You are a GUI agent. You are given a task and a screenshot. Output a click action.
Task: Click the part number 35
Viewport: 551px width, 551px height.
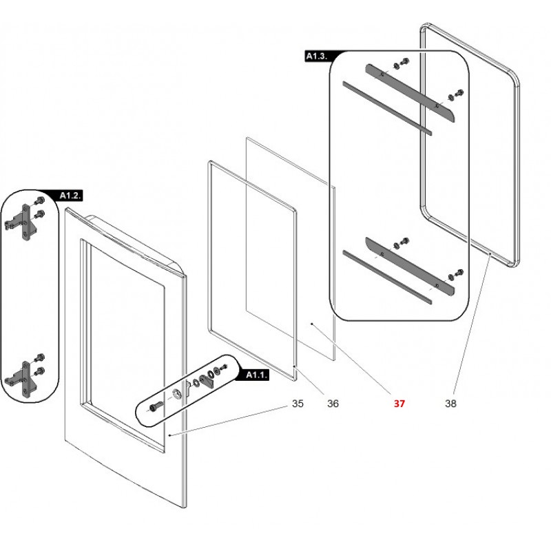click(297, 404)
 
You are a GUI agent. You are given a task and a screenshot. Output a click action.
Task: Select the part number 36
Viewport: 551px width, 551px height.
click(333, 404)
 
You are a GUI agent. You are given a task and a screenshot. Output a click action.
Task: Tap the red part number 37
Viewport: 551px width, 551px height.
click(399, 404)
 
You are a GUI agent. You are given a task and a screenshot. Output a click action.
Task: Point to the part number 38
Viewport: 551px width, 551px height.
click(451, 404)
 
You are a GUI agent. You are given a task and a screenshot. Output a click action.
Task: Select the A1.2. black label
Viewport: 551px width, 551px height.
click(70, 196)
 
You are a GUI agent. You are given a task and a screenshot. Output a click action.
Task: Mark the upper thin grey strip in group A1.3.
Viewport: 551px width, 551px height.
click(386, 107)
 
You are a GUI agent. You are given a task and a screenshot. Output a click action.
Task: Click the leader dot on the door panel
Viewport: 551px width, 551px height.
click(169, 435)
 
